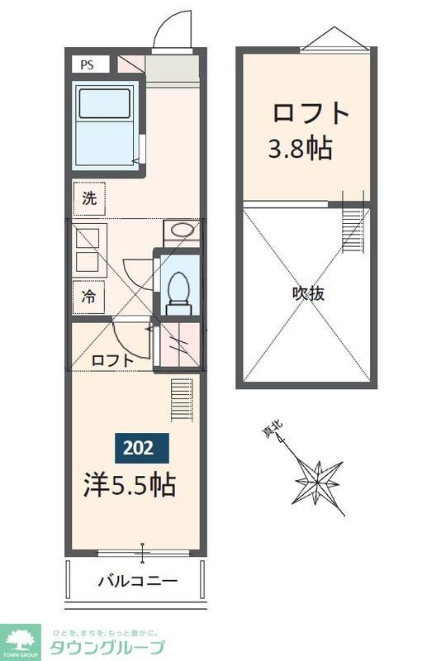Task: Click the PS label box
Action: pos(87,64)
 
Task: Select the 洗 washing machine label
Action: pos(89,198)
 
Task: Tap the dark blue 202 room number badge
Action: pos(139,448)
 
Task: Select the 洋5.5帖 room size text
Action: pos(129,484)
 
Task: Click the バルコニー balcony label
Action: pos(137,581)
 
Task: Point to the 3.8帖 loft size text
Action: pos(300,149)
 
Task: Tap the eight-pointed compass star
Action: pos(319,479)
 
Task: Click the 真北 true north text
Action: pos(273,430)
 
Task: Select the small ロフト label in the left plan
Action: pos(109,360)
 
